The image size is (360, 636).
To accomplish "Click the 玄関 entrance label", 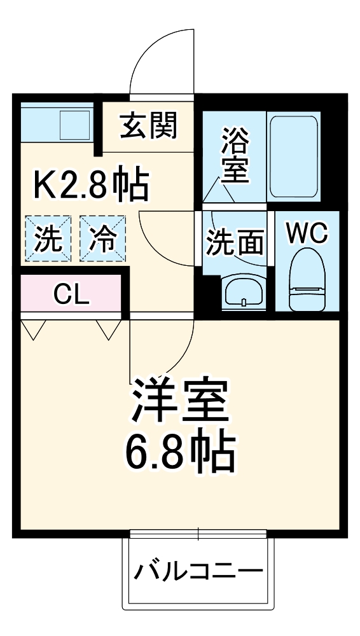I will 149,126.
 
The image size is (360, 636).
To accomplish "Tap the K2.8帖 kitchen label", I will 91,185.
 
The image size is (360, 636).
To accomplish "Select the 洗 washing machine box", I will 48,238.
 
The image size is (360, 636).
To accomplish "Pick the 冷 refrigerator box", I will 103,238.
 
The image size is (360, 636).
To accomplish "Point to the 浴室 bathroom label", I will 234,155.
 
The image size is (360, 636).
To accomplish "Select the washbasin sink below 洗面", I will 243,292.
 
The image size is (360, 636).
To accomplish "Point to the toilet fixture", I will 306,280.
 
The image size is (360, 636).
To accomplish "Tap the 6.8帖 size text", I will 179,452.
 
